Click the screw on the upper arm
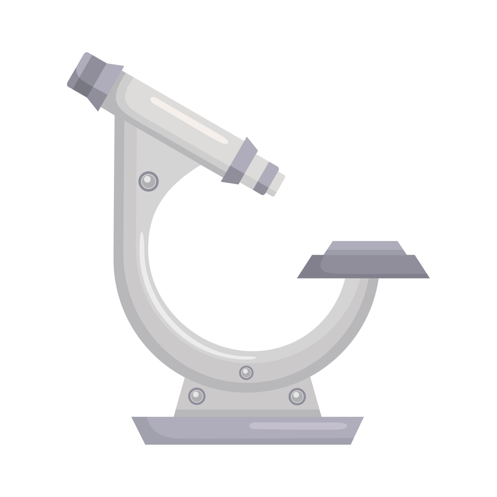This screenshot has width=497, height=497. [148, 181]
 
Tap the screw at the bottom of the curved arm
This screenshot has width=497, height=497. [246, 373]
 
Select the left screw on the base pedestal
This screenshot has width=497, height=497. [197, 396]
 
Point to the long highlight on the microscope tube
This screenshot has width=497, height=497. [189, 120]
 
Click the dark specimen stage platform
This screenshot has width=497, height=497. [362, 268]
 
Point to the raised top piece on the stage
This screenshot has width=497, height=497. [365, 247]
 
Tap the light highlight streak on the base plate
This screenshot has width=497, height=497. [298, 426]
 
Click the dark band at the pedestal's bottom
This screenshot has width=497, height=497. [247, 413]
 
